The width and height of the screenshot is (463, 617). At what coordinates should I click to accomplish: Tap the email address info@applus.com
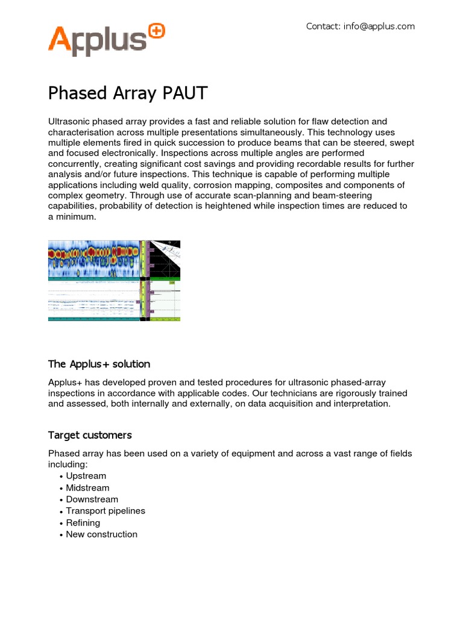tap(379, 26)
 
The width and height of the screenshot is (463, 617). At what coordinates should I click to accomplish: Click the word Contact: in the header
tap(323, 26)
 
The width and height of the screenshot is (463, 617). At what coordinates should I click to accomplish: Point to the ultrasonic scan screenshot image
tap(114, 280)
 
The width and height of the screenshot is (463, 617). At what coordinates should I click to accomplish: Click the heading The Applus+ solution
tap(99, 364)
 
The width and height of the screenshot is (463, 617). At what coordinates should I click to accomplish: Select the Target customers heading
tap(90, 435)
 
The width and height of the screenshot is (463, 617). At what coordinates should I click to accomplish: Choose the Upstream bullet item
tap(86, 476)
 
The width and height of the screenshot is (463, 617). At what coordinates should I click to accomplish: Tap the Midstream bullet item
tap(87, 487)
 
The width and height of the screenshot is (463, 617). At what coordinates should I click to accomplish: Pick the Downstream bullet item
tap(92, 500)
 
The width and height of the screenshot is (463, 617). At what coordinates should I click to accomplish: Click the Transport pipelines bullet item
tap(106, 511)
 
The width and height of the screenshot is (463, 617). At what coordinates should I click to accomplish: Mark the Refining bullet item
tap(83, 523)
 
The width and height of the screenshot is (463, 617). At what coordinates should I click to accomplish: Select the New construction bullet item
tap(101, 534)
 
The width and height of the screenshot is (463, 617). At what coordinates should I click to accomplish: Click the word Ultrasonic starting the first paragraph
tap(68, 122)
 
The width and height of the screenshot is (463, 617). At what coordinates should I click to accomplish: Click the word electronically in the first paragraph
tap(123, 153)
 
